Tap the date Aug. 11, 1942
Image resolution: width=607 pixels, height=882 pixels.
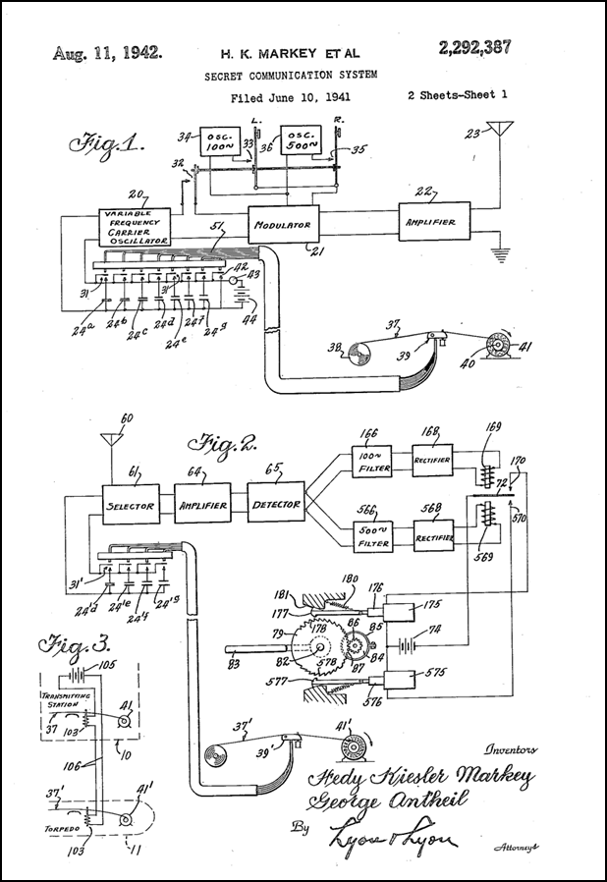pyautogui.click(x=108, y=52)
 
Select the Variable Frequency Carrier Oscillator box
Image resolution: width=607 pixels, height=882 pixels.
pyautogui.click(x=136, y=226)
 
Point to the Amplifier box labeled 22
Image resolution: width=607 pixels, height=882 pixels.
pyautogui.click(x=433, y=222)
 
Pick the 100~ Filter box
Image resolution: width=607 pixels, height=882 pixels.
pyautogui.click(x=373, y=461)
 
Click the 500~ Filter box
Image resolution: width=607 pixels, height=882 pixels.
pyautogui.click(x=373, y=535)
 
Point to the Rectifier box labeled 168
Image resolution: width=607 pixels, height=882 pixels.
pyautogui.click(x=433, y=461)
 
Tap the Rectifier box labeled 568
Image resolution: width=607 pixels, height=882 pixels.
pyautogui.click(x=433, y=535)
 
